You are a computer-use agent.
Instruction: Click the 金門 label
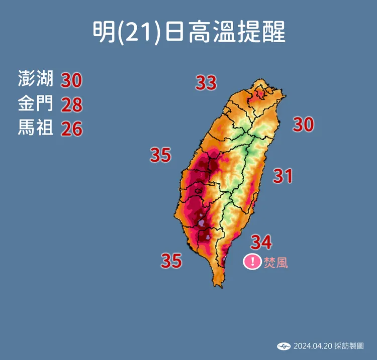coord(35,104)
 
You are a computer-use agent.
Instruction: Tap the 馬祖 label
coord(35,128)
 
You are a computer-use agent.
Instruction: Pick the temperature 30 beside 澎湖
coord(71,80)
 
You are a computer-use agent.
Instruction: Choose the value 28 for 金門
coord(71,104)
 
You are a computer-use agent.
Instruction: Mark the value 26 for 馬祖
coord(71,129)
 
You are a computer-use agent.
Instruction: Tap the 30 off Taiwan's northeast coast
coord(304,125)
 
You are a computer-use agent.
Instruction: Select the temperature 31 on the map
coord(282,176)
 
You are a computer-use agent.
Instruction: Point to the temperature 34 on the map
coord(261,242)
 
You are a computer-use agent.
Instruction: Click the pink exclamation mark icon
coord(252,262)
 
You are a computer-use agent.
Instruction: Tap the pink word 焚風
coord(276,262)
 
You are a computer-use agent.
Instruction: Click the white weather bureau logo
coord(284,346)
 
